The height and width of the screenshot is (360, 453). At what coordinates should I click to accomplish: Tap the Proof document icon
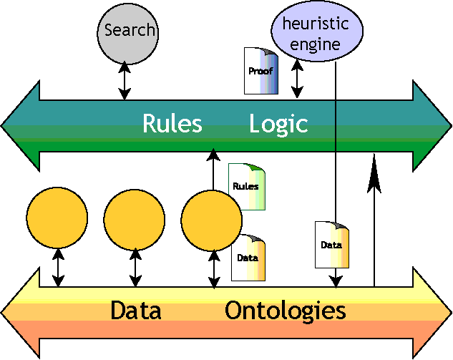click(x=260, y=72)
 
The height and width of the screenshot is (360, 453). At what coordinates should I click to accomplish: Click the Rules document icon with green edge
click(x=246, y=186)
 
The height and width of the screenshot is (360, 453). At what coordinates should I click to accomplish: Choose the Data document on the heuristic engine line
click(x=332, y=244)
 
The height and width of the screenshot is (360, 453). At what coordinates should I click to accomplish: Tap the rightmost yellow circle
click(x=212, y=218)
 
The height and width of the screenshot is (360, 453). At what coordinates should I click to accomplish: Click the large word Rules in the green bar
click(x=172, y=124)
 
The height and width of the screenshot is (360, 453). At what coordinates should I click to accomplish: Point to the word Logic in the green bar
click(x=278, y=124)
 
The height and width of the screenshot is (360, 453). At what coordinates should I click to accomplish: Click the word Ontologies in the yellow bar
click(x=285, y=311)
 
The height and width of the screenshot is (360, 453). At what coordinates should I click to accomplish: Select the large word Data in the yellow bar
click(x=135, y=311)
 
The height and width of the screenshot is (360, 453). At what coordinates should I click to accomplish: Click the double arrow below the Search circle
click(x=125, y=80)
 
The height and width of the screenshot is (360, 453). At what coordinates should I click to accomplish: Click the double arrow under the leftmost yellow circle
click(x=58, y=268)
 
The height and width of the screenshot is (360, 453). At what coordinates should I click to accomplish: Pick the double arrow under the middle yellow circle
click(x=135, y=268)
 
